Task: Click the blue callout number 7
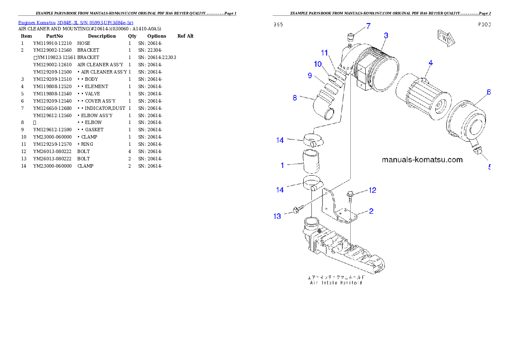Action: click(368, 27)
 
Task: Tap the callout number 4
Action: click(431, 63)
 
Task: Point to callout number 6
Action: click(488, 92)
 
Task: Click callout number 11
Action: click(325, 53)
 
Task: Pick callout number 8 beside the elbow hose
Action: click(295, 98)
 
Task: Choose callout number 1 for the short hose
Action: click(282, 165)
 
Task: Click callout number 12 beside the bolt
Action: click(373, 190)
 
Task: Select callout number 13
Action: click(278, 216)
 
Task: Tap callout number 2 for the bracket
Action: click(371, 211)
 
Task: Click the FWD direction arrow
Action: click(445, 38)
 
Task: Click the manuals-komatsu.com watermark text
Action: click(422, 160)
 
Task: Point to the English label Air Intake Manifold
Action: click(336, 283)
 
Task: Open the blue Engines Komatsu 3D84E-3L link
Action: click(76, 22)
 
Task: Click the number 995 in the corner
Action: click(278, 24)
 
